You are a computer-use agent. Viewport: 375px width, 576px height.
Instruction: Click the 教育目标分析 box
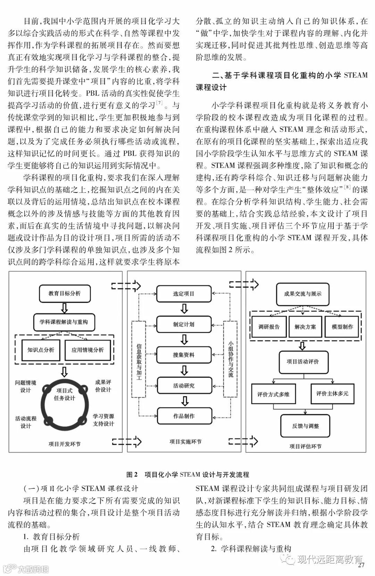coord(65,294)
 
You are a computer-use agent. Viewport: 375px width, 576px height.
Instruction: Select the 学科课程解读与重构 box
coord(64,322)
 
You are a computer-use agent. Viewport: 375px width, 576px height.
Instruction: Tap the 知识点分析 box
coord(41,350)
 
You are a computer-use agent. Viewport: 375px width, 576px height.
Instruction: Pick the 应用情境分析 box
coord(87,350)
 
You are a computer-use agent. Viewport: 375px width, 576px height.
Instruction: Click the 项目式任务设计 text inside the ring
coord(65,394)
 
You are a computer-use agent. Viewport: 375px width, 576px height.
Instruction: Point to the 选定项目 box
coord(184,294)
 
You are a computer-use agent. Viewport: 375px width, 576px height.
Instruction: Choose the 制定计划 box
coord(184,324)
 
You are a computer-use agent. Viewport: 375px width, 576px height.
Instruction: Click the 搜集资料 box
coord(184,355)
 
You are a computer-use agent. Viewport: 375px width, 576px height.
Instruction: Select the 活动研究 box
coord(184,386)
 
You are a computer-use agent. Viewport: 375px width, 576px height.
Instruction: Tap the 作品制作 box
coord(184,416)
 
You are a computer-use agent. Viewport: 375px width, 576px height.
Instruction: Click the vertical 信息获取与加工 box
coord(139,359)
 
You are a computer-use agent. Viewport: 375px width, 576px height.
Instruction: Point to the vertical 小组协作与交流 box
coord(231,359)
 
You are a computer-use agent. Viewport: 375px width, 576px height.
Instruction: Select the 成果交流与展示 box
coord(303,294)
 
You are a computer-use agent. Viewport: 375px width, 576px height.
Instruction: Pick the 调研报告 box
coord(269,327)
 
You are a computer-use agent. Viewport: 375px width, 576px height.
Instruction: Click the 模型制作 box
coord(342,327)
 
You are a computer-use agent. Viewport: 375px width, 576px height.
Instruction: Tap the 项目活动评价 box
coord(303,362)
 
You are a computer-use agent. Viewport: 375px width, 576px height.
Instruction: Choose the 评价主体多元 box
coord(332,394)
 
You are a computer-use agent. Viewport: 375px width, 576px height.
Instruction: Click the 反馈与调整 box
coord(305,426)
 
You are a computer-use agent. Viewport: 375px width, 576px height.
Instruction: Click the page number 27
coord(361,565)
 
